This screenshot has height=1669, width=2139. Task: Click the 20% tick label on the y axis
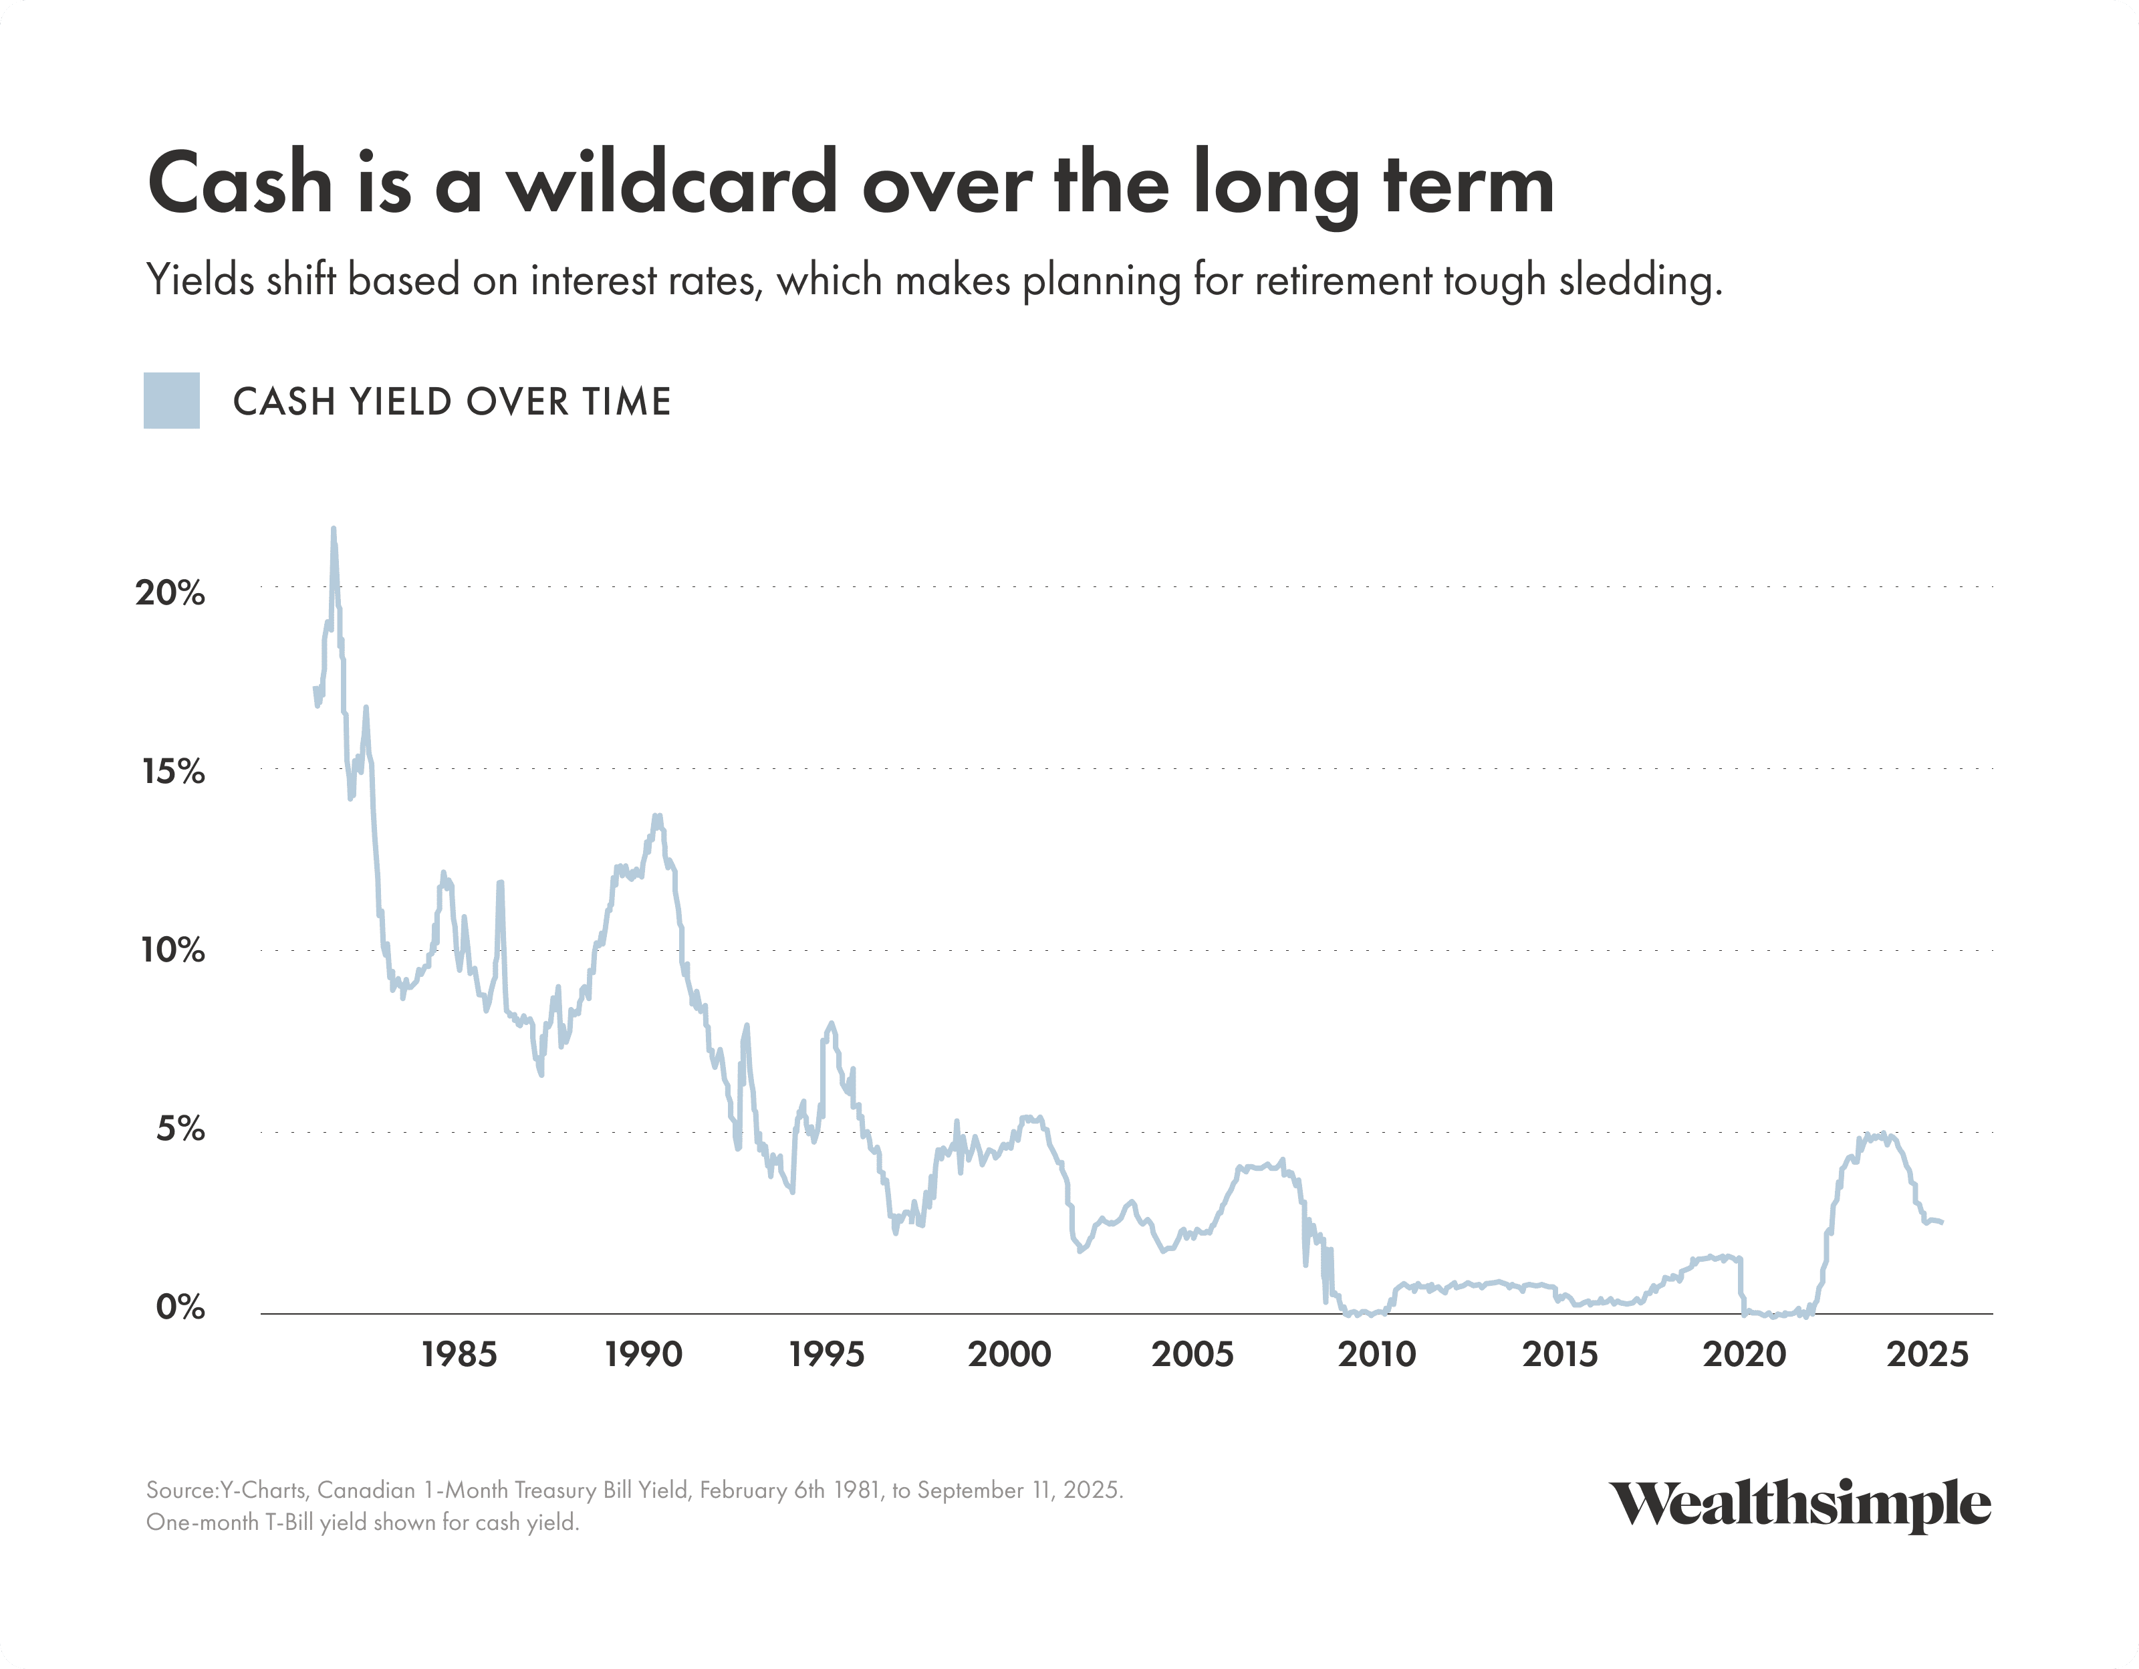[x=170, y=592]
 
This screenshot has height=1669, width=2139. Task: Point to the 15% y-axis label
[x=172, y=772]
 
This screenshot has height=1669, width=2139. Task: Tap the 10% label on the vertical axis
[x=172, y=950]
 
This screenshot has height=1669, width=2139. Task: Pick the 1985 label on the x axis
[x=459, y=1355]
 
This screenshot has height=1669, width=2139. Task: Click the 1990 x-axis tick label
[x=642, y=1355]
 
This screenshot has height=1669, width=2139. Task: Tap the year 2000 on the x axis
[x=1009, y=1355]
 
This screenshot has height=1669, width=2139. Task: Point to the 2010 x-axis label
[x=1377, y=1355]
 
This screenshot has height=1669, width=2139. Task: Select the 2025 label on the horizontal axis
[x=1926, y=1355]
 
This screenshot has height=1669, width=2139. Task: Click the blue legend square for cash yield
[x=171, y=401]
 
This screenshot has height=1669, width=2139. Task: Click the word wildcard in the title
[x=671, y=183]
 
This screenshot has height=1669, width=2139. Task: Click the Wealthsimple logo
[x=1799, y=1505]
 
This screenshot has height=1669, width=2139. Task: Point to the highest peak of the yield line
[x=333, y=529]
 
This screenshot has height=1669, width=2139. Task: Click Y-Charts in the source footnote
[x=263, y=1490]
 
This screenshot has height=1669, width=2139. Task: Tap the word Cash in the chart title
[x=240, y=183]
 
